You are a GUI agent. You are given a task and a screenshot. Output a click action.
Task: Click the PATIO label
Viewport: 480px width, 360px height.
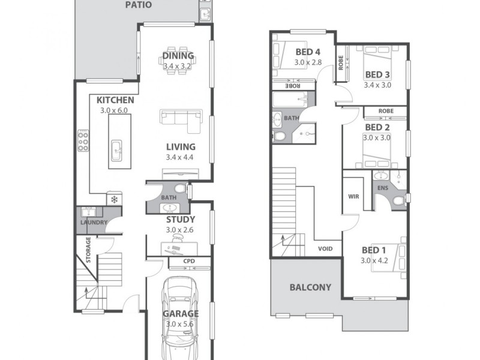click(138, 5)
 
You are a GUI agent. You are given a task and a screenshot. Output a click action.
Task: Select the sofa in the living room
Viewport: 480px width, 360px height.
click(181, 119)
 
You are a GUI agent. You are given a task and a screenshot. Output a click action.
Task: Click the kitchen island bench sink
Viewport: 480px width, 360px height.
click(117, 146)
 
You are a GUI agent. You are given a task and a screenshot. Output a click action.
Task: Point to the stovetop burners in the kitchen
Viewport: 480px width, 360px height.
click(83, 142)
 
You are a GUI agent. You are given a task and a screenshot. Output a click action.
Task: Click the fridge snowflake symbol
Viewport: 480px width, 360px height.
click(113, 199)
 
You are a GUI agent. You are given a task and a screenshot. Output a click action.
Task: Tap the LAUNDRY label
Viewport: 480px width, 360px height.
click(94, 223)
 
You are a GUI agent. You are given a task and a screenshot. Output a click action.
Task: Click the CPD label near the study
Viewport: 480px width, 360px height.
click(189, 261)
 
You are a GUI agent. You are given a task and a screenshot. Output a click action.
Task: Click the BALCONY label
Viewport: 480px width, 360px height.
click(310, 287)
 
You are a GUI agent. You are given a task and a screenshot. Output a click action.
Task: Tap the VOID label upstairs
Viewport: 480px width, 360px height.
click(326, 247)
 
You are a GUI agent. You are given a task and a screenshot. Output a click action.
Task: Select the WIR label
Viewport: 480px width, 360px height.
click(353, 196)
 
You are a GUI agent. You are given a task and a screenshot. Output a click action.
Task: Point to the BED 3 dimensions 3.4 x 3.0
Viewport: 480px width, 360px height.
click(377, 85)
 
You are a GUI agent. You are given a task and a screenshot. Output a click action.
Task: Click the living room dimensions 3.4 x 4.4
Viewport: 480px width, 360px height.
click(181, 158)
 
